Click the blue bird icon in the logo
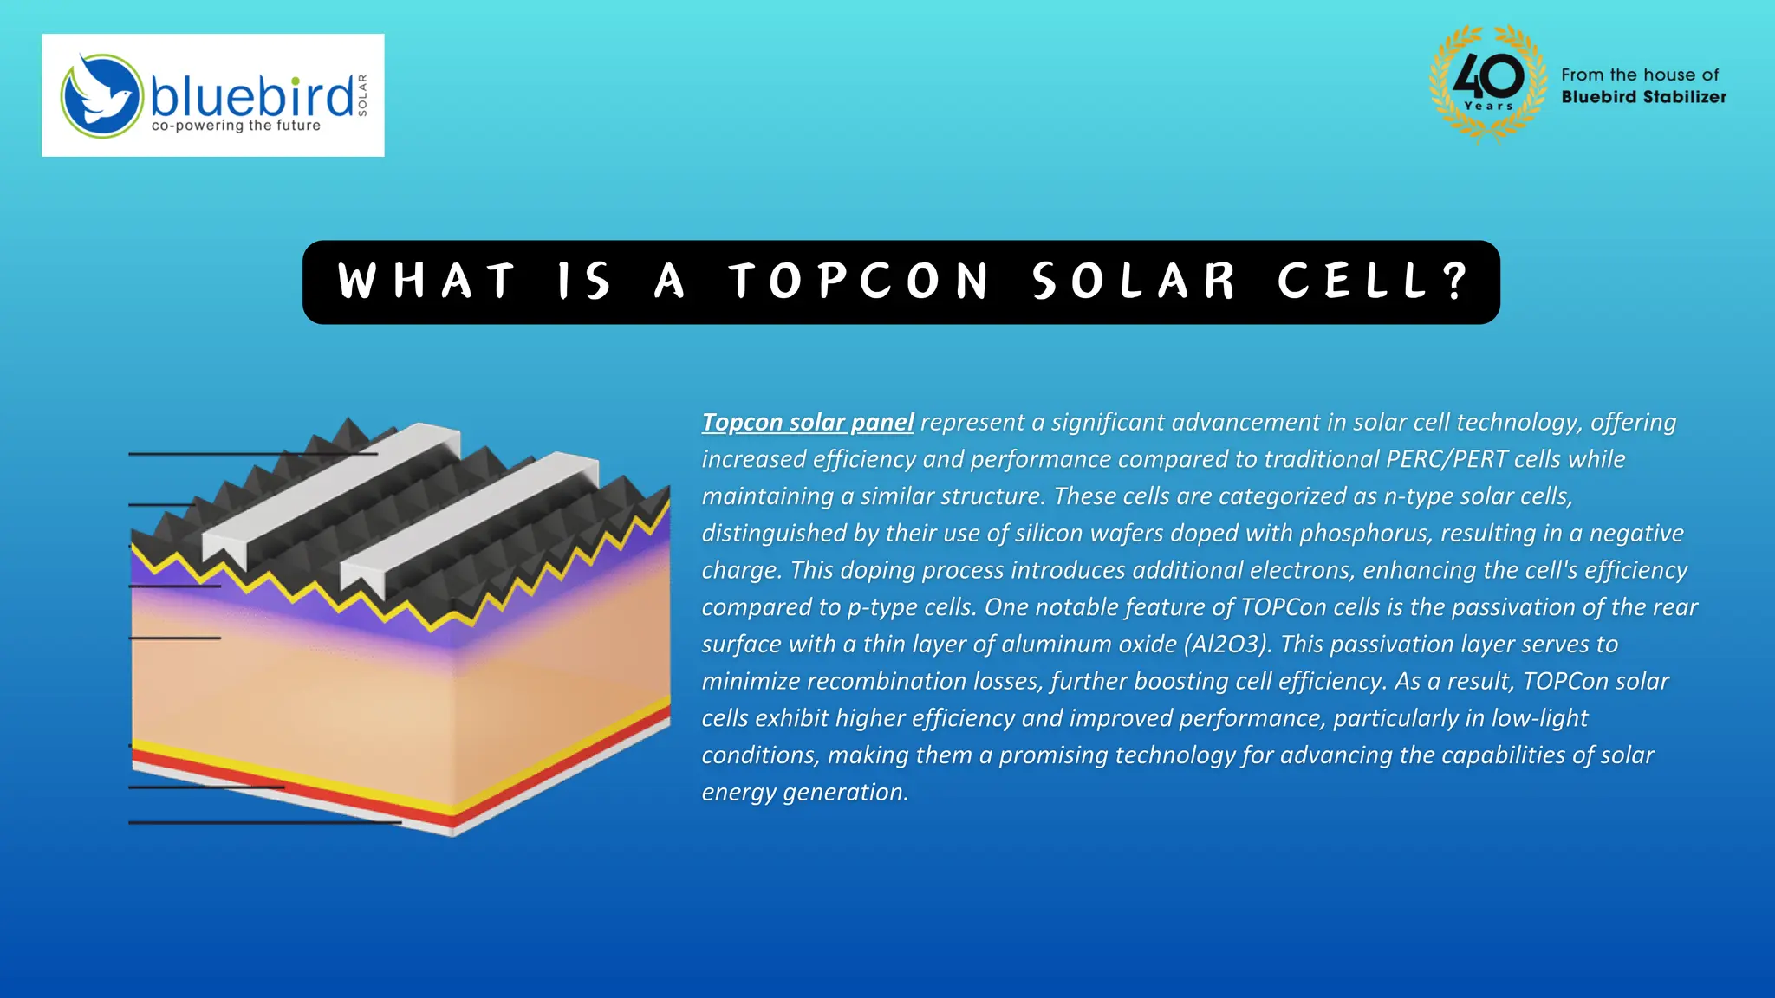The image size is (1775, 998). (x=101, y=95)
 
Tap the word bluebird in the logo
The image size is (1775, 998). (x=251, y=95)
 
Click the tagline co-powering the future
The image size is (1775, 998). (x=236, y=126)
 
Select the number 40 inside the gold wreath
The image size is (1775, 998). (x=1488, y=77)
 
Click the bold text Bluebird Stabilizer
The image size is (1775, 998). (x=1643, y=97)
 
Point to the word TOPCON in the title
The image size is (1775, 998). (x=859, y=282)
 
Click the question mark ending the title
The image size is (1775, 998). (x=1456, y=281)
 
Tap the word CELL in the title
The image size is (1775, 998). (x=1352, y=282)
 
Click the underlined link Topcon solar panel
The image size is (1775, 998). (x=807, y=422)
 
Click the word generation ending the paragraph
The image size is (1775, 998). (x=846, y=793)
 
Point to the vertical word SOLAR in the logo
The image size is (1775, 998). (x=362, y=95)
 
